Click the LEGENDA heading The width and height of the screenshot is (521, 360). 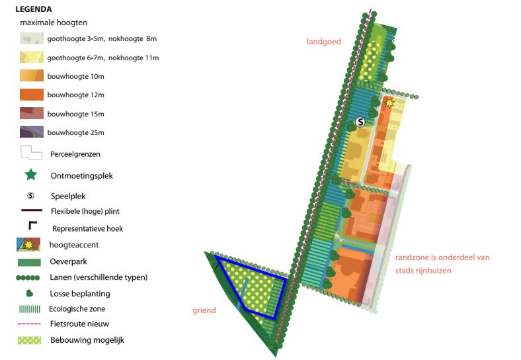pyautogui.click(x=34, y=9)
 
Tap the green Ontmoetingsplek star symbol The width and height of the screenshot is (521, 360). pyautogui.click(x=31, y=174)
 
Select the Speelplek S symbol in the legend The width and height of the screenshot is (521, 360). pyautogui.click(x=30, y=196)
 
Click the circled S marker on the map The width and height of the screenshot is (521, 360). pyautogui.click(x=360, y=122)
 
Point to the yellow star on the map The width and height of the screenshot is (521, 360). pyautogui.click(x=389, y=103)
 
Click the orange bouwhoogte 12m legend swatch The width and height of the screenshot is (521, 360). pyautogui.click(x=32, y=95)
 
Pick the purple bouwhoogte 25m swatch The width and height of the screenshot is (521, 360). pyautogui.click(x=32, y=132)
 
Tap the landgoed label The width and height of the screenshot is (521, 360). pyautogui.click(x=323, y=42)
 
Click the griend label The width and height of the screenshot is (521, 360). pyautogui.click(x=204, y=310)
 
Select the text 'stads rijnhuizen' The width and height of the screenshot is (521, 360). pyautogui.click(x=423, y=271)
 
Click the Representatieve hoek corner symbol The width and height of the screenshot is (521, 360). pyautogui.click(x=32, y=225)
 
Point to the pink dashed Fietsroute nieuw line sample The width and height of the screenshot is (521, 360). pyautogui.click(x=29, y=324)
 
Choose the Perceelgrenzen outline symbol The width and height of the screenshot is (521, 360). pyautogui.click(x=31, y=153)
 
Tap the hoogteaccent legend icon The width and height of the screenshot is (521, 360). pyautogui.click(x=28, y=245)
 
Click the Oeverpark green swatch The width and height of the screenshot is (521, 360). pyautogui.click(x=29, y=262)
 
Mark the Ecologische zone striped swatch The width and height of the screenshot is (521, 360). pyautogui.click(x=30, y=309)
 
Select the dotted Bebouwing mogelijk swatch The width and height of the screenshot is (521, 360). pyautogui.click(x=30, y=340)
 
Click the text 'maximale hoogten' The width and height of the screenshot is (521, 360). pyautogui.click(x=54, y=22)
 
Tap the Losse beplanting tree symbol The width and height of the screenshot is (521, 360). pyautogui.click(x=30, y=293)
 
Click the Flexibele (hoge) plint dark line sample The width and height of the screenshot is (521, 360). pyautogui.click(x=32, y=210)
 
